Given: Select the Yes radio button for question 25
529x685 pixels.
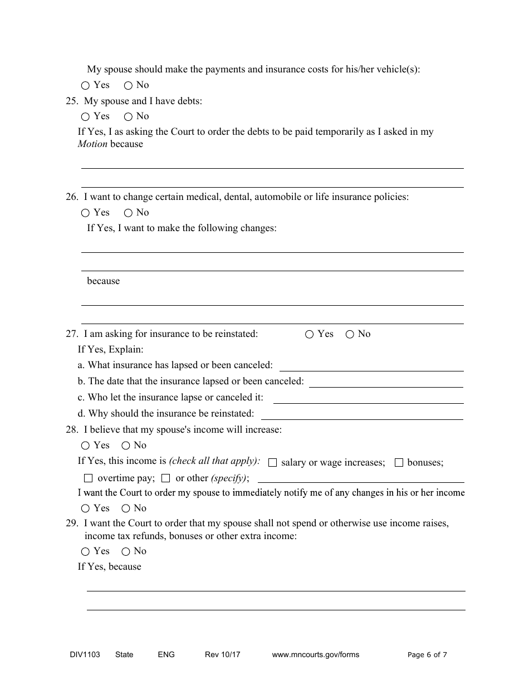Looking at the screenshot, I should tap(85, 117).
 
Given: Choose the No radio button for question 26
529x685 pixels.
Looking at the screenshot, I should tap(128, 213).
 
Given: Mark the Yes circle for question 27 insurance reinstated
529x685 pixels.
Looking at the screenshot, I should tap(310, 335).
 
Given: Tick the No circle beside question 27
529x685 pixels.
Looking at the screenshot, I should tap(350, 335).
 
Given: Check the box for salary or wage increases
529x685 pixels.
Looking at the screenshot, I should tap(273, 463).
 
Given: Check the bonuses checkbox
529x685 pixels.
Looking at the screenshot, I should tap(399, 463).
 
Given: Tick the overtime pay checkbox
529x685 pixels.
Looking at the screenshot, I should tap(88, 478).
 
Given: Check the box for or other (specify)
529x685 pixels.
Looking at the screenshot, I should tap(166, 478).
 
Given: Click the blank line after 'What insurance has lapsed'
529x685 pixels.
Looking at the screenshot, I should tap(371, 366).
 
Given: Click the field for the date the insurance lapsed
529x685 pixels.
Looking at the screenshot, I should tap(386, 383).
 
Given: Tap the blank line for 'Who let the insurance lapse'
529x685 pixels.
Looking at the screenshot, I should tap(368, 399).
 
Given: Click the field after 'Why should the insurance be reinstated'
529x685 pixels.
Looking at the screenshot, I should tap(362, 415).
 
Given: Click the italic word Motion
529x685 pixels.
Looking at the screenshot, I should tap(92, 144).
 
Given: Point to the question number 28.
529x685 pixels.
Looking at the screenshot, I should tap(71, 430).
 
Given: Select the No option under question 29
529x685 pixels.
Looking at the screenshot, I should tap(126, 552).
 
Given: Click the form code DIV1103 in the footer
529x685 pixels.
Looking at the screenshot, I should tap(81, 655).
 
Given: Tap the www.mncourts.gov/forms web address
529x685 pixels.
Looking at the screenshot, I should tap(315, 655).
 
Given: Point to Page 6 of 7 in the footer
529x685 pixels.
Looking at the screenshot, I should tap(427, 655).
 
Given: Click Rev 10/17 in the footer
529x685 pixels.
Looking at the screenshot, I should tap(222, 655).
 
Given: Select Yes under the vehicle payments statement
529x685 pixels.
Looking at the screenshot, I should tap(85, 86).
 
